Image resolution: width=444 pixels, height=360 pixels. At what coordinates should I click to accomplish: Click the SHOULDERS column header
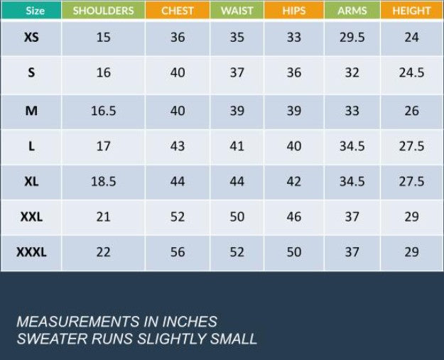103,11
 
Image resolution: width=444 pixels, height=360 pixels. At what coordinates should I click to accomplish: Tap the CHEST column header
178,11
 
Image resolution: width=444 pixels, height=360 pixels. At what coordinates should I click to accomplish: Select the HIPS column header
294,11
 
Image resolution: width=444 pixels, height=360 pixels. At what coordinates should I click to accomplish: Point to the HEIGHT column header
411,11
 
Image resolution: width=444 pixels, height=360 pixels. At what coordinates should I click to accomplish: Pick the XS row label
31,38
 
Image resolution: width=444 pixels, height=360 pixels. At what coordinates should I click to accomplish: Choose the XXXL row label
31,252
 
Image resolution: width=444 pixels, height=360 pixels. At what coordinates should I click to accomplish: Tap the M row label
31,111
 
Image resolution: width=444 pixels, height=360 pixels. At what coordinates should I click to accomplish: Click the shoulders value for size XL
103,182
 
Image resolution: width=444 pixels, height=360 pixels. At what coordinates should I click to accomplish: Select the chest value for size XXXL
178,252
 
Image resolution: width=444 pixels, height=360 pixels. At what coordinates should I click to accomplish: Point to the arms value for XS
352,38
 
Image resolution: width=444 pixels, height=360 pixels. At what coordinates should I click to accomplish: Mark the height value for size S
411,73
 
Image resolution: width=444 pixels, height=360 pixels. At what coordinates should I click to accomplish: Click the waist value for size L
237,146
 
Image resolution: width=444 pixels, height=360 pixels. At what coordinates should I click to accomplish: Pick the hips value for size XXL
294,217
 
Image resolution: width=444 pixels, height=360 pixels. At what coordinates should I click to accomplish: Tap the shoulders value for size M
103,111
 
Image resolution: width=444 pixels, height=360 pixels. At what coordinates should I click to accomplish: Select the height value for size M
411,111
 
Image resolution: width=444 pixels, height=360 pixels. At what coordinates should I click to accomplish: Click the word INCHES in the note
190,322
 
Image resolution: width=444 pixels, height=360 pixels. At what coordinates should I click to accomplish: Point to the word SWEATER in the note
50,339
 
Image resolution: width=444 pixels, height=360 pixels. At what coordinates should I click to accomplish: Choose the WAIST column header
237,11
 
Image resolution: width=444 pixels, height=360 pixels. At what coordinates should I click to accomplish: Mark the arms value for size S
352,73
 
